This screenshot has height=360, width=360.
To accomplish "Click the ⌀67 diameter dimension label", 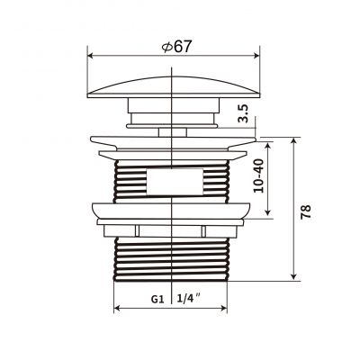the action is [x=176, y=47].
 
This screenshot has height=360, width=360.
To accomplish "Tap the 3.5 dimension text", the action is [x=244, y=113].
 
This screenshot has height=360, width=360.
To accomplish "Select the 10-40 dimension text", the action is [x=258, y=175].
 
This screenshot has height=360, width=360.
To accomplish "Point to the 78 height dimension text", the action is [x=306, y=212].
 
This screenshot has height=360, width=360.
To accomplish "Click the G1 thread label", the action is [x=157, y=299].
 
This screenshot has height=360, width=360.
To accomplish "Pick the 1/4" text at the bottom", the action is [x=189, y=299].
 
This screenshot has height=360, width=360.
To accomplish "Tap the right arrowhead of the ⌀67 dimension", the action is [x=256, y=56].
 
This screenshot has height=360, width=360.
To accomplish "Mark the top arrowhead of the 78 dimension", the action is [x=294, y=140].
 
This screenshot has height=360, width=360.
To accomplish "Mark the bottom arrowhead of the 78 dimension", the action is [x=294, y=275].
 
